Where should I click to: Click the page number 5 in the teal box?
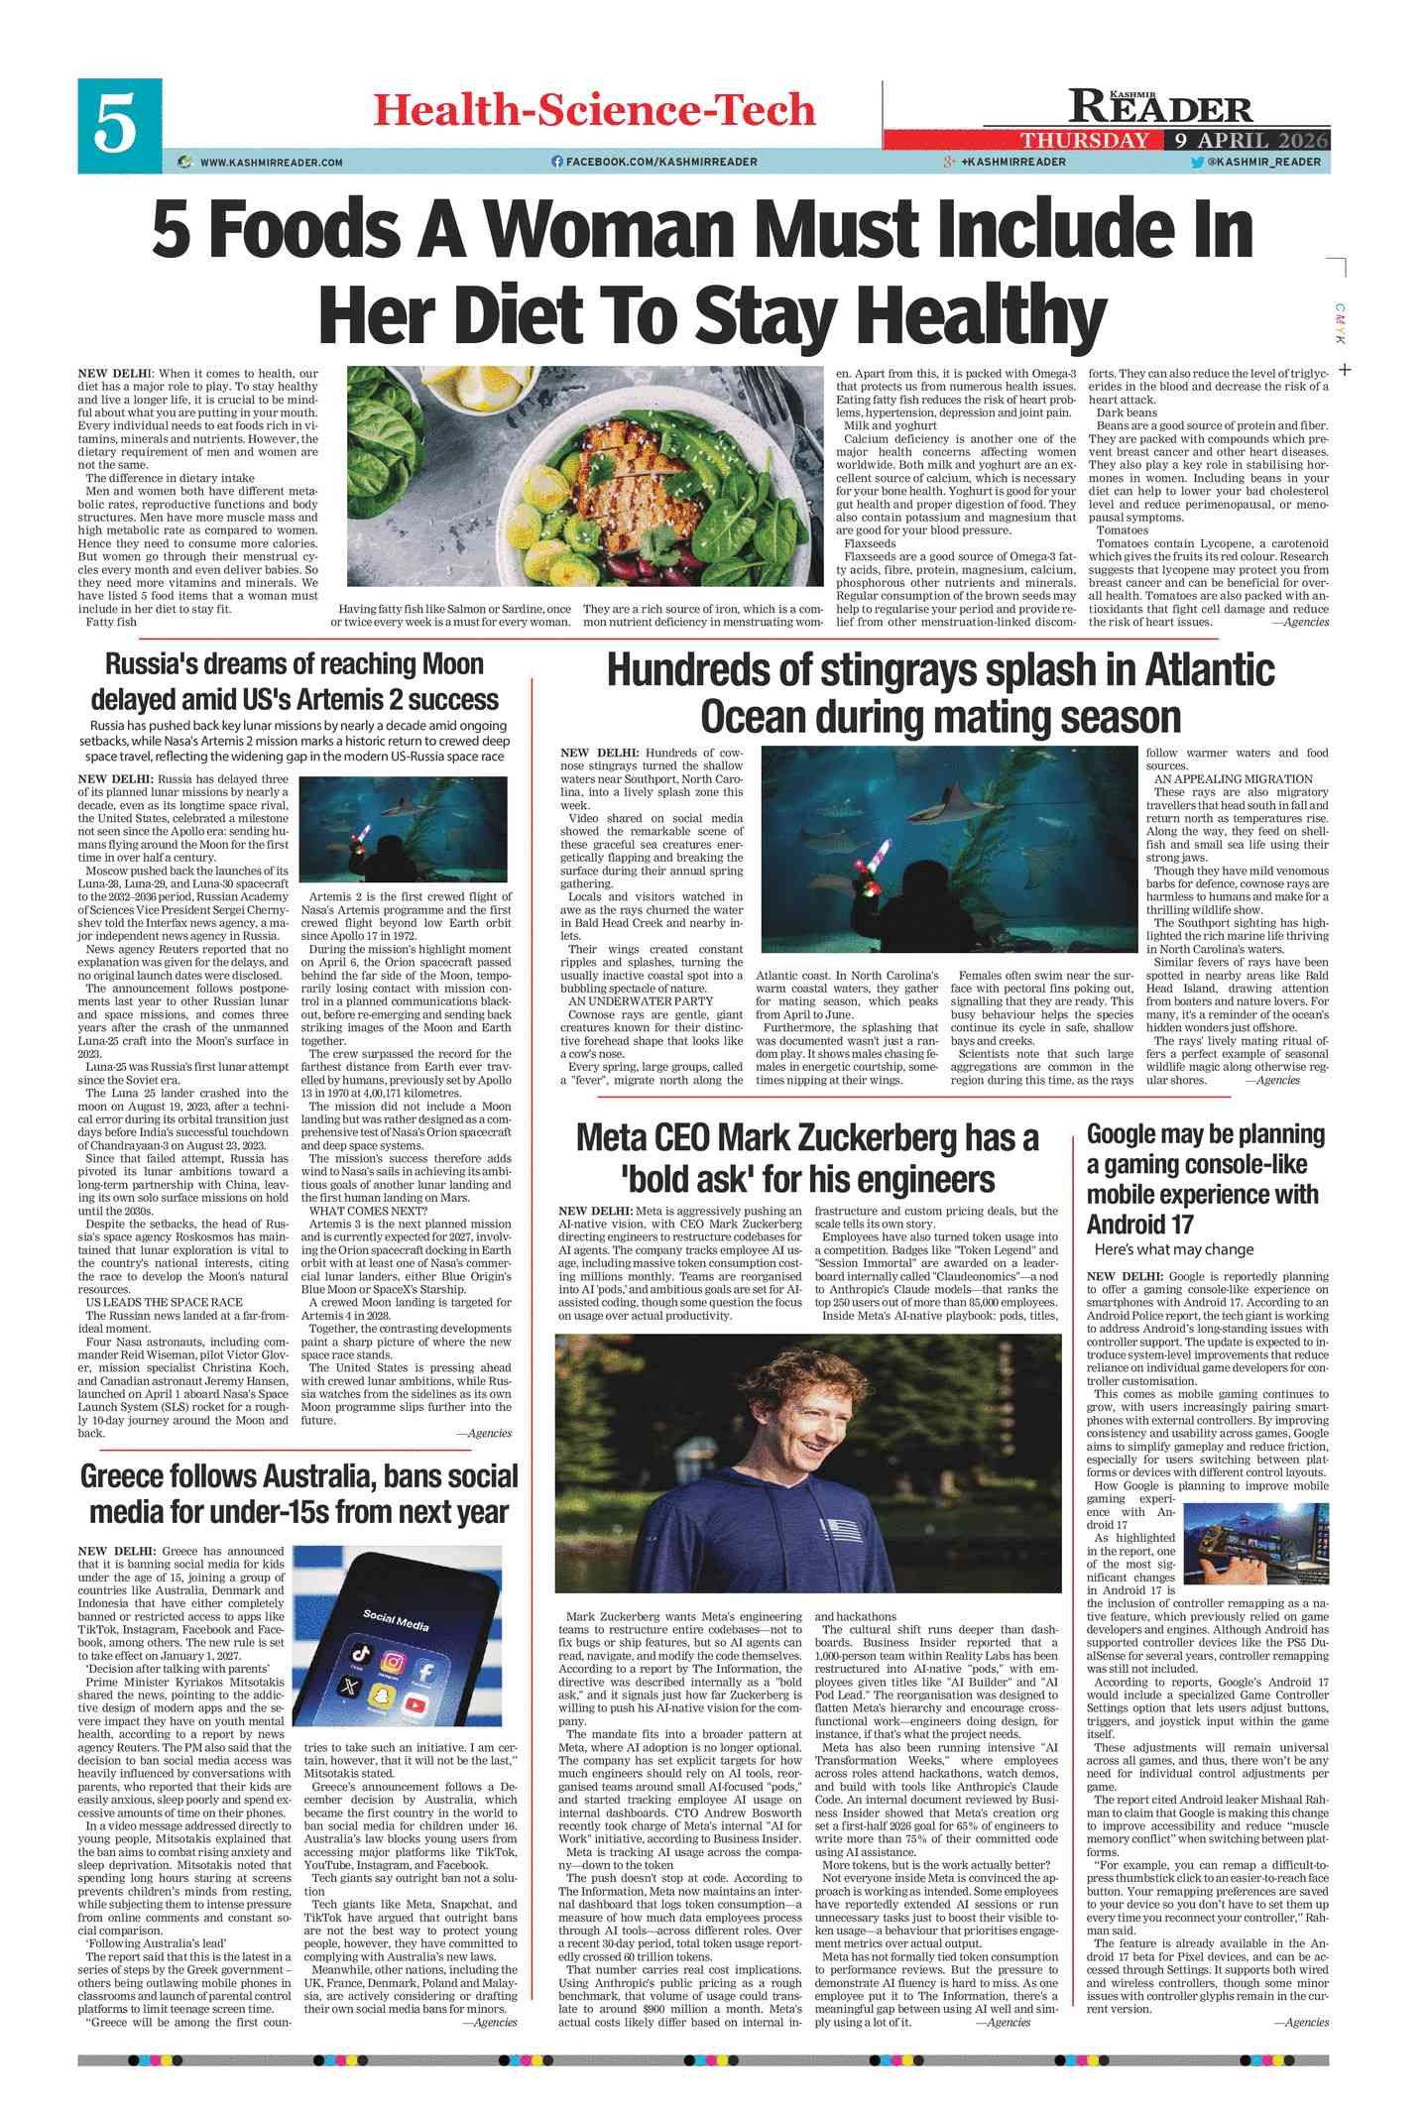point(118,126)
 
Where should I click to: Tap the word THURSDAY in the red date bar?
point(1085,141)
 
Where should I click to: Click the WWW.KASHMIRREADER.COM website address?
point(271,162)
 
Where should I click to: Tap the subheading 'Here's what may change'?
point(1173,1249)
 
